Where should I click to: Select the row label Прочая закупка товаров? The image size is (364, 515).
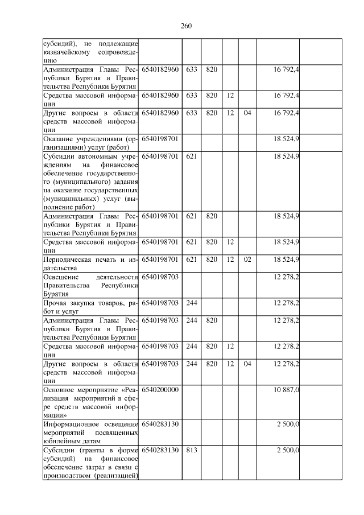(x=91, y=307)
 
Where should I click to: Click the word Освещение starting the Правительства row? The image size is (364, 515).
(x=60, y=277)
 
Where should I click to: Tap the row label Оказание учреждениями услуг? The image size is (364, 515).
(x=91, y=142)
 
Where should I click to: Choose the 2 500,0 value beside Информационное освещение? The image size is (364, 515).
(x=288, y=424)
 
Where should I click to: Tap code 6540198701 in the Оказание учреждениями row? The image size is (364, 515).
(x=160, y=138)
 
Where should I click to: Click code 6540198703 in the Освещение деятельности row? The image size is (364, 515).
(x=160, y=277)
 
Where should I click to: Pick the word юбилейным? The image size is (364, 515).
(x=60, y=441)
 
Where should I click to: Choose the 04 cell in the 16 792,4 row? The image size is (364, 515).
(x=247, y=113)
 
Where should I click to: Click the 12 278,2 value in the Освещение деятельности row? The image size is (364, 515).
(x=286, y=277)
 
